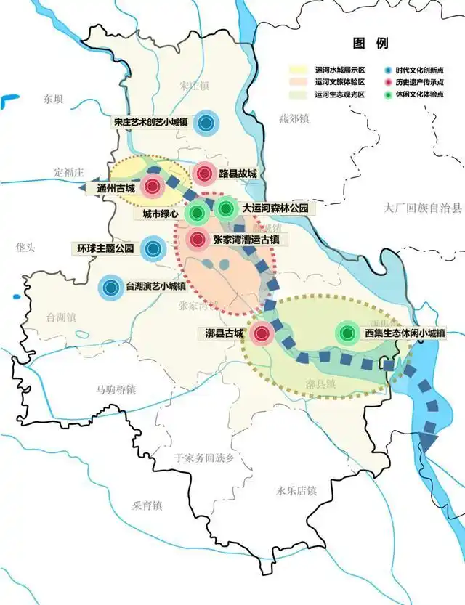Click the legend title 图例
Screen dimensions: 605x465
(368, 42)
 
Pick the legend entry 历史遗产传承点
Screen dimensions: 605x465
(421, 83)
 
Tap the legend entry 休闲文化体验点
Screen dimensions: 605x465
(421, 95)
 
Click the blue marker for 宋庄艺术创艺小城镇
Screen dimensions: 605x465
(207, 123)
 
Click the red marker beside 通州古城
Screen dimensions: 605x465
(152, 187)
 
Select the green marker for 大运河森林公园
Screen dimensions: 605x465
(226, 210)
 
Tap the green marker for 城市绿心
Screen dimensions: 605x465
(196, 214)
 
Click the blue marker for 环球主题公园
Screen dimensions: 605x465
(153, 249)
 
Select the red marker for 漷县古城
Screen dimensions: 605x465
(262, 334)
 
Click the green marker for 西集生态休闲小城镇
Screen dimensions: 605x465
(348, 333)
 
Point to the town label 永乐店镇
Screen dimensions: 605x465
(292, 491)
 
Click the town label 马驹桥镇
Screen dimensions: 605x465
(111, 390)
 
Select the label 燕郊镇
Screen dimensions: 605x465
(294, 118)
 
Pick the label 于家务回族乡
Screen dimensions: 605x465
(206, 458)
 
